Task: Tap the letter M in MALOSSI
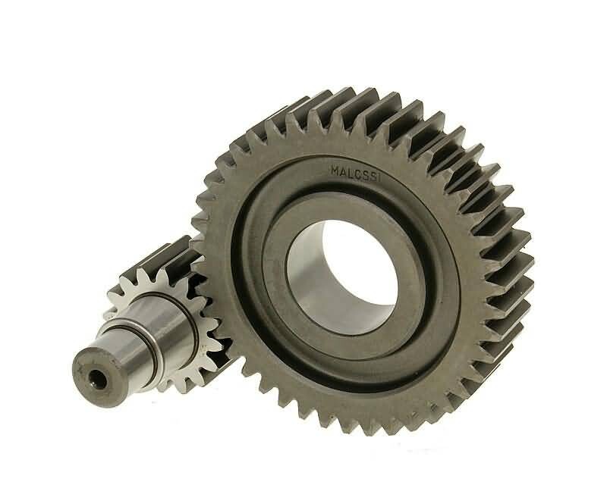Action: coord(335,171)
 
